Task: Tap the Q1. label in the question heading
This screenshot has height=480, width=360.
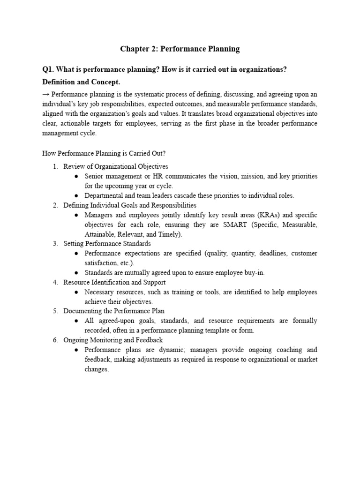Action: tap(49, 69)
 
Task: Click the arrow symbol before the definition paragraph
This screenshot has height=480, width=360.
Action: tap(46, 94)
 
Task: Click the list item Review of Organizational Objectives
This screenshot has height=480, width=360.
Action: tap(115, 166)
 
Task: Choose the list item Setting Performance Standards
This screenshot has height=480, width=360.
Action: tap(107, 244)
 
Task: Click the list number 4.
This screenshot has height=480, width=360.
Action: tap(55, 283)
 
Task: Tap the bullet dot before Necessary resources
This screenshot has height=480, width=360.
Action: tap(76, 292)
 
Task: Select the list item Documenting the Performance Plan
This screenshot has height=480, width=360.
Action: tap(114, 311)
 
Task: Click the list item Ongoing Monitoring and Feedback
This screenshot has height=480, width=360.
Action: tap(113, 340)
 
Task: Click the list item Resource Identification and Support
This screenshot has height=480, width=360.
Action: tap(114, 283)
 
